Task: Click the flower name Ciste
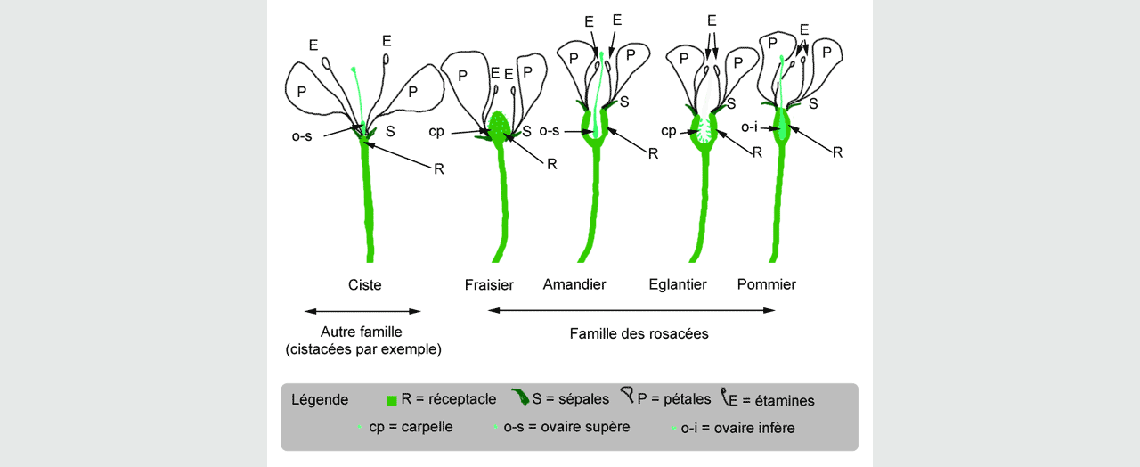tap(365, 285)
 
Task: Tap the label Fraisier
tap(489, 285)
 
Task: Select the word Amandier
tap(574, 284)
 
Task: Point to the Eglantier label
tap(678, 284)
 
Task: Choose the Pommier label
tap(767, 284)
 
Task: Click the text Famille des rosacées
tap(639, 334)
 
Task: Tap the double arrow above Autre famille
tap(362, 311)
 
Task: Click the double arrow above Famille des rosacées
tap(631, 310)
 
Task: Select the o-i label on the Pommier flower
tap(750, 128)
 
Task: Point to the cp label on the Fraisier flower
tap(436, 132)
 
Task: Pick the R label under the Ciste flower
tap(438, 168)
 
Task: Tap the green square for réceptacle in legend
tap(391, 400)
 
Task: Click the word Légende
tap(320, 399)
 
